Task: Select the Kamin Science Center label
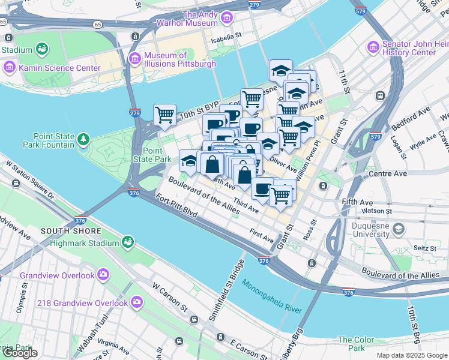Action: pyautogui.click(x=59, y=68)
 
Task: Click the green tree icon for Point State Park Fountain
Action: pyautogui.click(x=83, y=140)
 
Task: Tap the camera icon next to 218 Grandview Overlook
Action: pyautogui.click(x=137, y=302)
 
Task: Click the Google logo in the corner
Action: pyautogui.click(x=19, y=353)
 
